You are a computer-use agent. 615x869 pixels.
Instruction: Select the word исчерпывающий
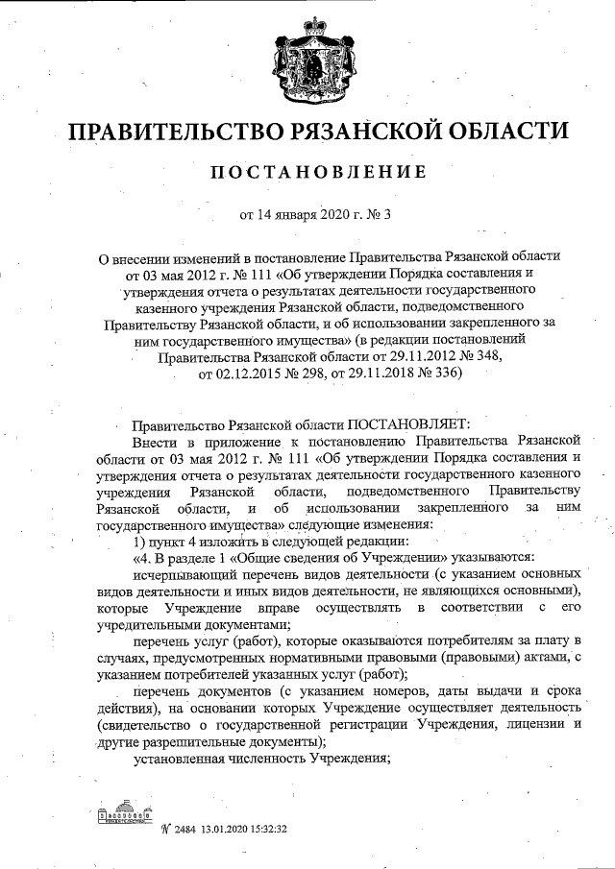tap(181, 573)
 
